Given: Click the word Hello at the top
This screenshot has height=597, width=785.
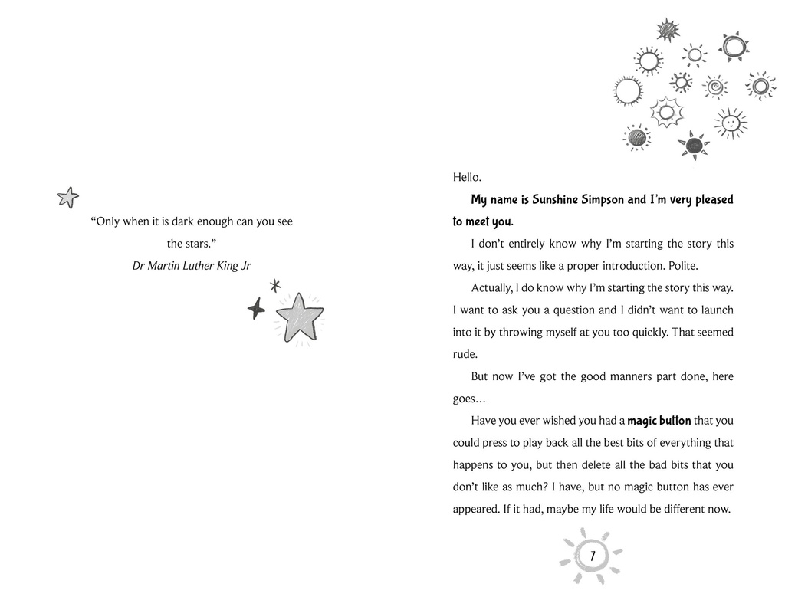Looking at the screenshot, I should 466,178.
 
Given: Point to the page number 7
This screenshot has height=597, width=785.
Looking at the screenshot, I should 593,555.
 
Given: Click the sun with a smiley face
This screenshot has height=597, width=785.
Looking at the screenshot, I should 731,123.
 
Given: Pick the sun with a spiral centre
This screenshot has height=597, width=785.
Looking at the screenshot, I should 715,87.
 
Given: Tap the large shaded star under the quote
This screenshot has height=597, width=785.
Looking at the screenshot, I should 297,317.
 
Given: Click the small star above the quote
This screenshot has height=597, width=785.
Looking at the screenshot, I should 68,198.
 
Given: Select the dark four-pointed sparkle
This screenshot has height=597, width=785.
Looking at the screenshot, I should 256,309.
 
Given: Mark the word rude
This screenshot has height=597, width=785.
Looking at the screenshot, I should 465,355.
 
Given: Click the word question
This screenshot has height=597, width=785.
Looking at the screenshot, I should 573,310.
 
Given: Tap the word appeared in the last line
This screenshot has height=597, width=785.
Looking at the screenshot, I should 476,510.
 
